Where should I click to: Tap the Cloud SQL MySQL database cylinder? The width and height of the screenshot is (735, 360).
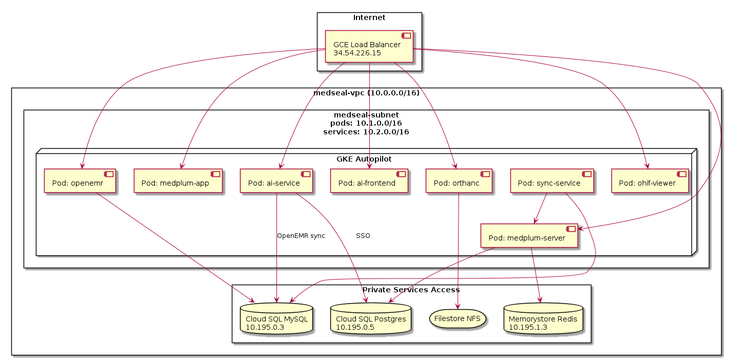coord(276,318)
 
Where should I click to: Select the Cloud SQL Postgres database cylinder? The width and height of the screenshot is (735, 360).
coord(370,318)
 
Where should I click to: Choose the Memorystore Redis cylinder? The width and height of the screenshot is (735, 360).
coord(543,318)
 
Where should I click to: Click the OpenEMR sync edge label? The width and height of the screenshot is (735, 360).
coord(301,236)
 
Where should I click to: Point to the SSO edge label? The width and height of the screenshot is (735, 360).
coord(363,236)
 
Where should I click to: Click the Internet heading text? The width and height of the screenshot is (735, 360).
coord(369,18)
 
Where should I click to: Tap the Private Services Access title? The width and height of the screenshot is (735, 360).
coord(411,290)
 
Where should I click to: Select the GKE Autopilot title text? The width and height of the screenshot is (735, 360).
coord(364,159)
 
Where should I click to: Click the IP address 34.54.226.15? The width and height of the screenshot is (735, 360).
coord(357,53)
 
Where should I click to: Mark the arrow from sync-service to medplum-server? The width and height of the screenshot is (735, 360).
coord(541,208)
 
